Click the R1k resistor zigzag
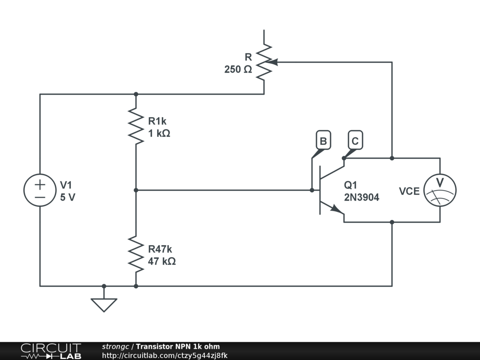136,126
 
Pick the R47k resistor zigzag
136,254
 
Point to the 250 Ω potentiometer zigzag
264,62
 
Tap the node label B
323,141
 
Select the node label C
355,141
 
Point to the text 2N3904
361,197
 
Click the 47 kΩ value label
162,262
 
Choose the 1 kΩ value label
159,134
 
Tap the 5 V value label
67,197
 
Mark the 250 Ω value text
238,69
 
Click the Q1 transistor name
351,185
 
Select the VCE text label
409,191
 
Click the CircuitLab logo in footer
51,351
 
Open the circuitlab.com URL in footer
165,355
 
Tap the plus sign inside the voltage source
40,184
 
